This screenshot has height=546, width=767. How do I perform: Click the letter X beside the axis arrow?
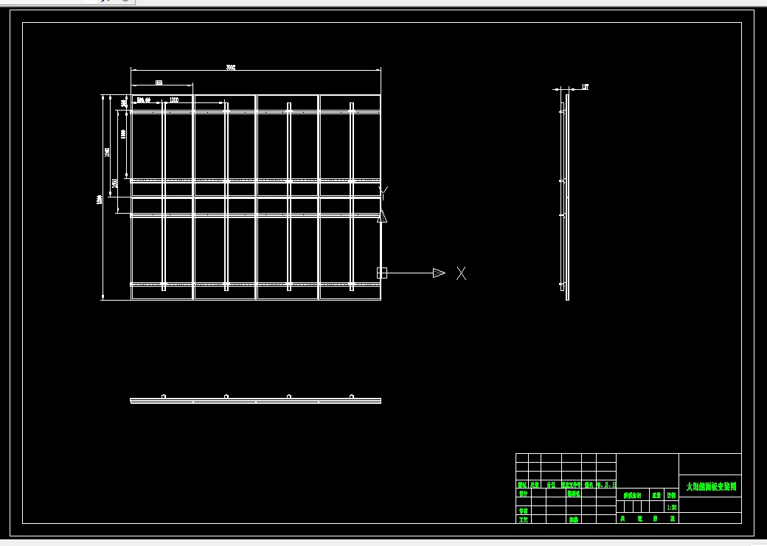(461, 273)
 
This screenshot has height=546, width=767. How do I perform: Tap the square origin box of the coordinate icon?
(382, 273)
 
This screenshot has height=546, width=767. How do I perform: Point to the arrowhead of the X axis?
(439, 273)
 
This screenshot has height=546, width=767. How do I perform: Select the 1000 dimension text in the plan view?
(174, 100)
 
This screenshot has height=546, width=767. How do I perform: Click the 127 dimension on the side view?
(585, 87)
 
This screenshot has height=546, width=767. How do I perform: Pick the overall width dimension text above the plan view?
(231, 68)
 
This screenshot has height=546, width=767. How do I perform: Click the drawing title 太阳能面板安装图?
(711, 487)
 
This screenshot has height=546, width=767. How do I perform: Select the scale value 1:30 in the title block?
(671, 508)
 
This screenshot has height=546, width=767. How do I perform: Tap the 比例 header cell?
(671, 496)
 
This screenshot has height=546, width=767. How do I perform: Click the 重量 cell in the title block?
(656, 496)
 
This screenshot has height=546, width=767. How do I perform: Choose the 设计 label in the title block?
(523, 494)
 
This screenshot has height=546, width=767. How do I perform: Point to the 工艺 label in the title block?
(523, 519)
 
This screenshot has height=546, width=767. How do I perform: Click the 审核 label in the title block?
(523, 511)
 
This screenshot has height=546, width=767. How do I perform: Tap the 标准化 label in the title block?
(574, 494)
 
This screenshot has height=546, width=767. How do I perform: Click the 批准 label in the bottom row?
(574, 519)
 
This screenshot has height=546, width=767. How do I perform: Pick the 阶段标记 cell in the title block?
(632, 496)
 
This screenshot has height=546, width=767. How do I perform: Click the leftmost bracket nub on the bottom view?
(164, 396)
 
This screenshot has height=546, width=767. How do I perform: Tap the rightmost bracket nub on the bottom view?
(352, 396)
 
